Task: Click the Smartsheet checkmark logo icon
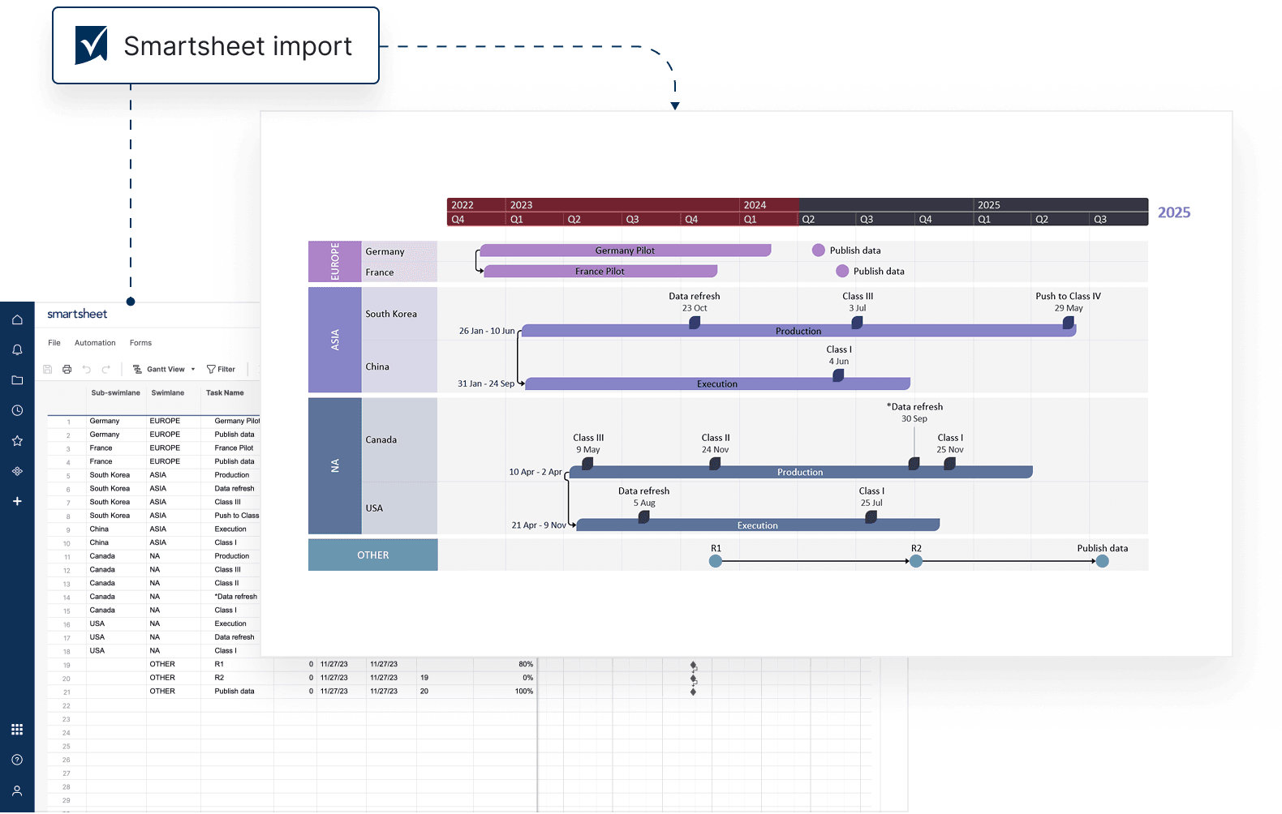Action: [91, 45]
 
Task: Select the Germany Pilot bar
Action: [625, 251]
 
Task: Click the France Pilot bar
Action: [600, 271]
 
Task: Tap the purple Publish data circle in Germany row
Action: [819, 251]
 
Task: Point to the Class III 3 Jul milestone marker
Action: [857, 323]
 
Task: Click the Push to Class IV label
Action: [1068, 296]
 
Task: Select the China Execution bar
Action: [717, 383]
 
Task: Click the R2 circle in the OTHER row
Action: [916, 561]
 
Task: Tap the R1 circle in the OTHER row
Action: [716, 561]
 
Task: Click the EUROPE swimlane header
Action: [334, 261]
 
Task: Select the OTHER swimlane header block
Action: [372, 555]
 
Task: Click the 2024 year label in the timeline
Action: [755, 205]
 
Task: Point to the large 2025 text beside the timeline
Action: [1173, 212]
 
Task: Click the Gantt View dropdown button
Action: [165, 369]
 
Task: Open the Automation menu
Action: [95, 343]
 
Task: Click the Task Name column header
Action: [225, 392]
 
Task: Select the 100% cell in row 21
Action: [523, 692]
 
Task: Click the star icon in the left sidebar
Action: [17, 441]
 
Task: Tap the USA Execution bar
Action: [757, 525]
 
